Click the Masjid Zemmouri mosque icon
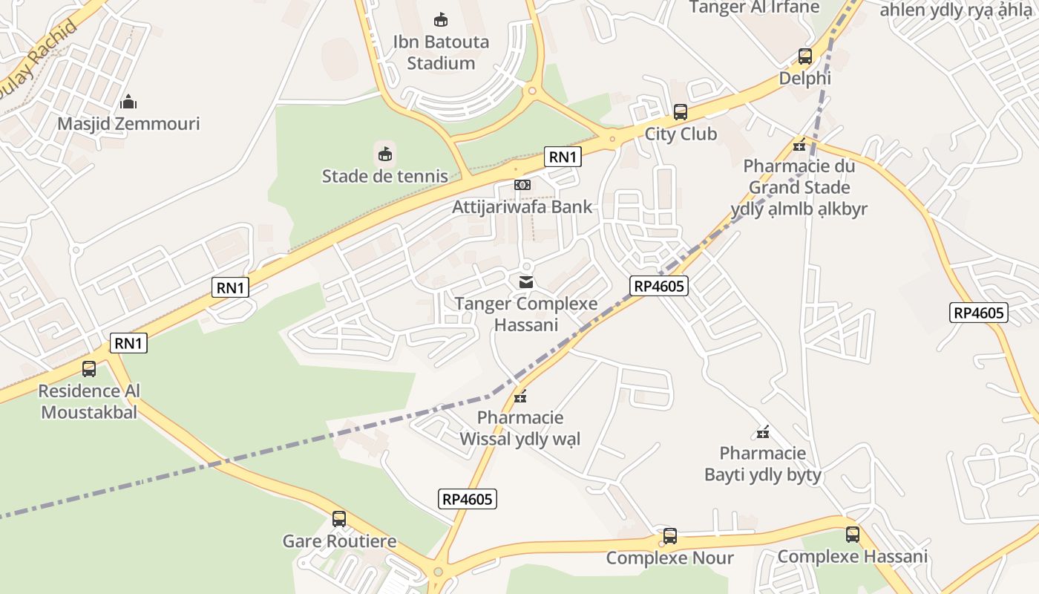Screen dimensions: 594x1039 pyautogui.click(x=128, y=102)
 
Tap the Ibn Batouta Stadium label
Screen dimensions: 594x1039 pyautogui.click(x=441, y=52)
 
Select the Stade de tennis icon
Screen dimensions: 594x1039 pyautogui.click(x=384, y=154)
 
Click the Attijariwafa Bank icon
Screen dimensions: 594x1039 pyautogui.click(x=522, y=185)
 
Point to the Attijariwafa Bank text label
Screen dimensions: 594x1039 pyautogui.click(x=522, y=206)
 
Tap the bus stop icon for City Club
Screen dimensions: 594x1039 pyautogui.click(x=680, y=112)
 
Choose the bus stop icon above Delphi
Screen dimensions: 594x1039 pyautogui.click(x=804, y=56)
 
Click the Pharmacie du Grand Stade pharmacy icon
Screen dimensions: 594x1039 pyautogui.click(x=799, y=145)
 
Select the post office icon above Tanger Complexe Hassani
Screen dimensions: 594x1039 pyautogui.click(x=526, y=282)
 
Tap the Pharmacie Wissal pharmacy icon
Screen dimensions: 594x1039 pyautogui.click(x=520, y=396)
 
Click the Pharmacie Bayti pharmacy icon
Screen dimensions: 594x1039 pyautogui.click(x=762, y=432)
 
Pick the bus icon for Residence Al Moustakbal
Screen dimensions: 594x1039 pyautogui.click(x=89, y=368)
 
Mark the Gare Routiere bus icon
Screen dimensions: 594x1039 pyautogui.click(x=339, y=519)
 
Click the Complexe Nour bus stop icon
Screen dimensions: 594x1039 pyautogui.click(x=669, y=535)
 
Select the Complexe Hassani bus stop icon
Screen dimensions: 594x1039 pyautogui.click(x=852, y=534)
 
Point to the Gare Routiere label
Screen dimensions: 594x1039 pyautogui.click(x=339, y=541)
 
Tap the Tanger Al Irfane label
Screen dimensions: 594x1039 pyautogui.click(x=754, y=7)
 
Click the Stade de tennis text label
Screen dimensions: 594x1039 pyautogui.click(x=384, y=176)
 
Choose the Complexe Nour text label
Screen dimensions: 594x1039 pyautogui.click(x=669, y=558)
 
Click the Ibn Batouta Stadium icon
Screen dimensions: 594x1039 pyautogui.click(x=441, y=19)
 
